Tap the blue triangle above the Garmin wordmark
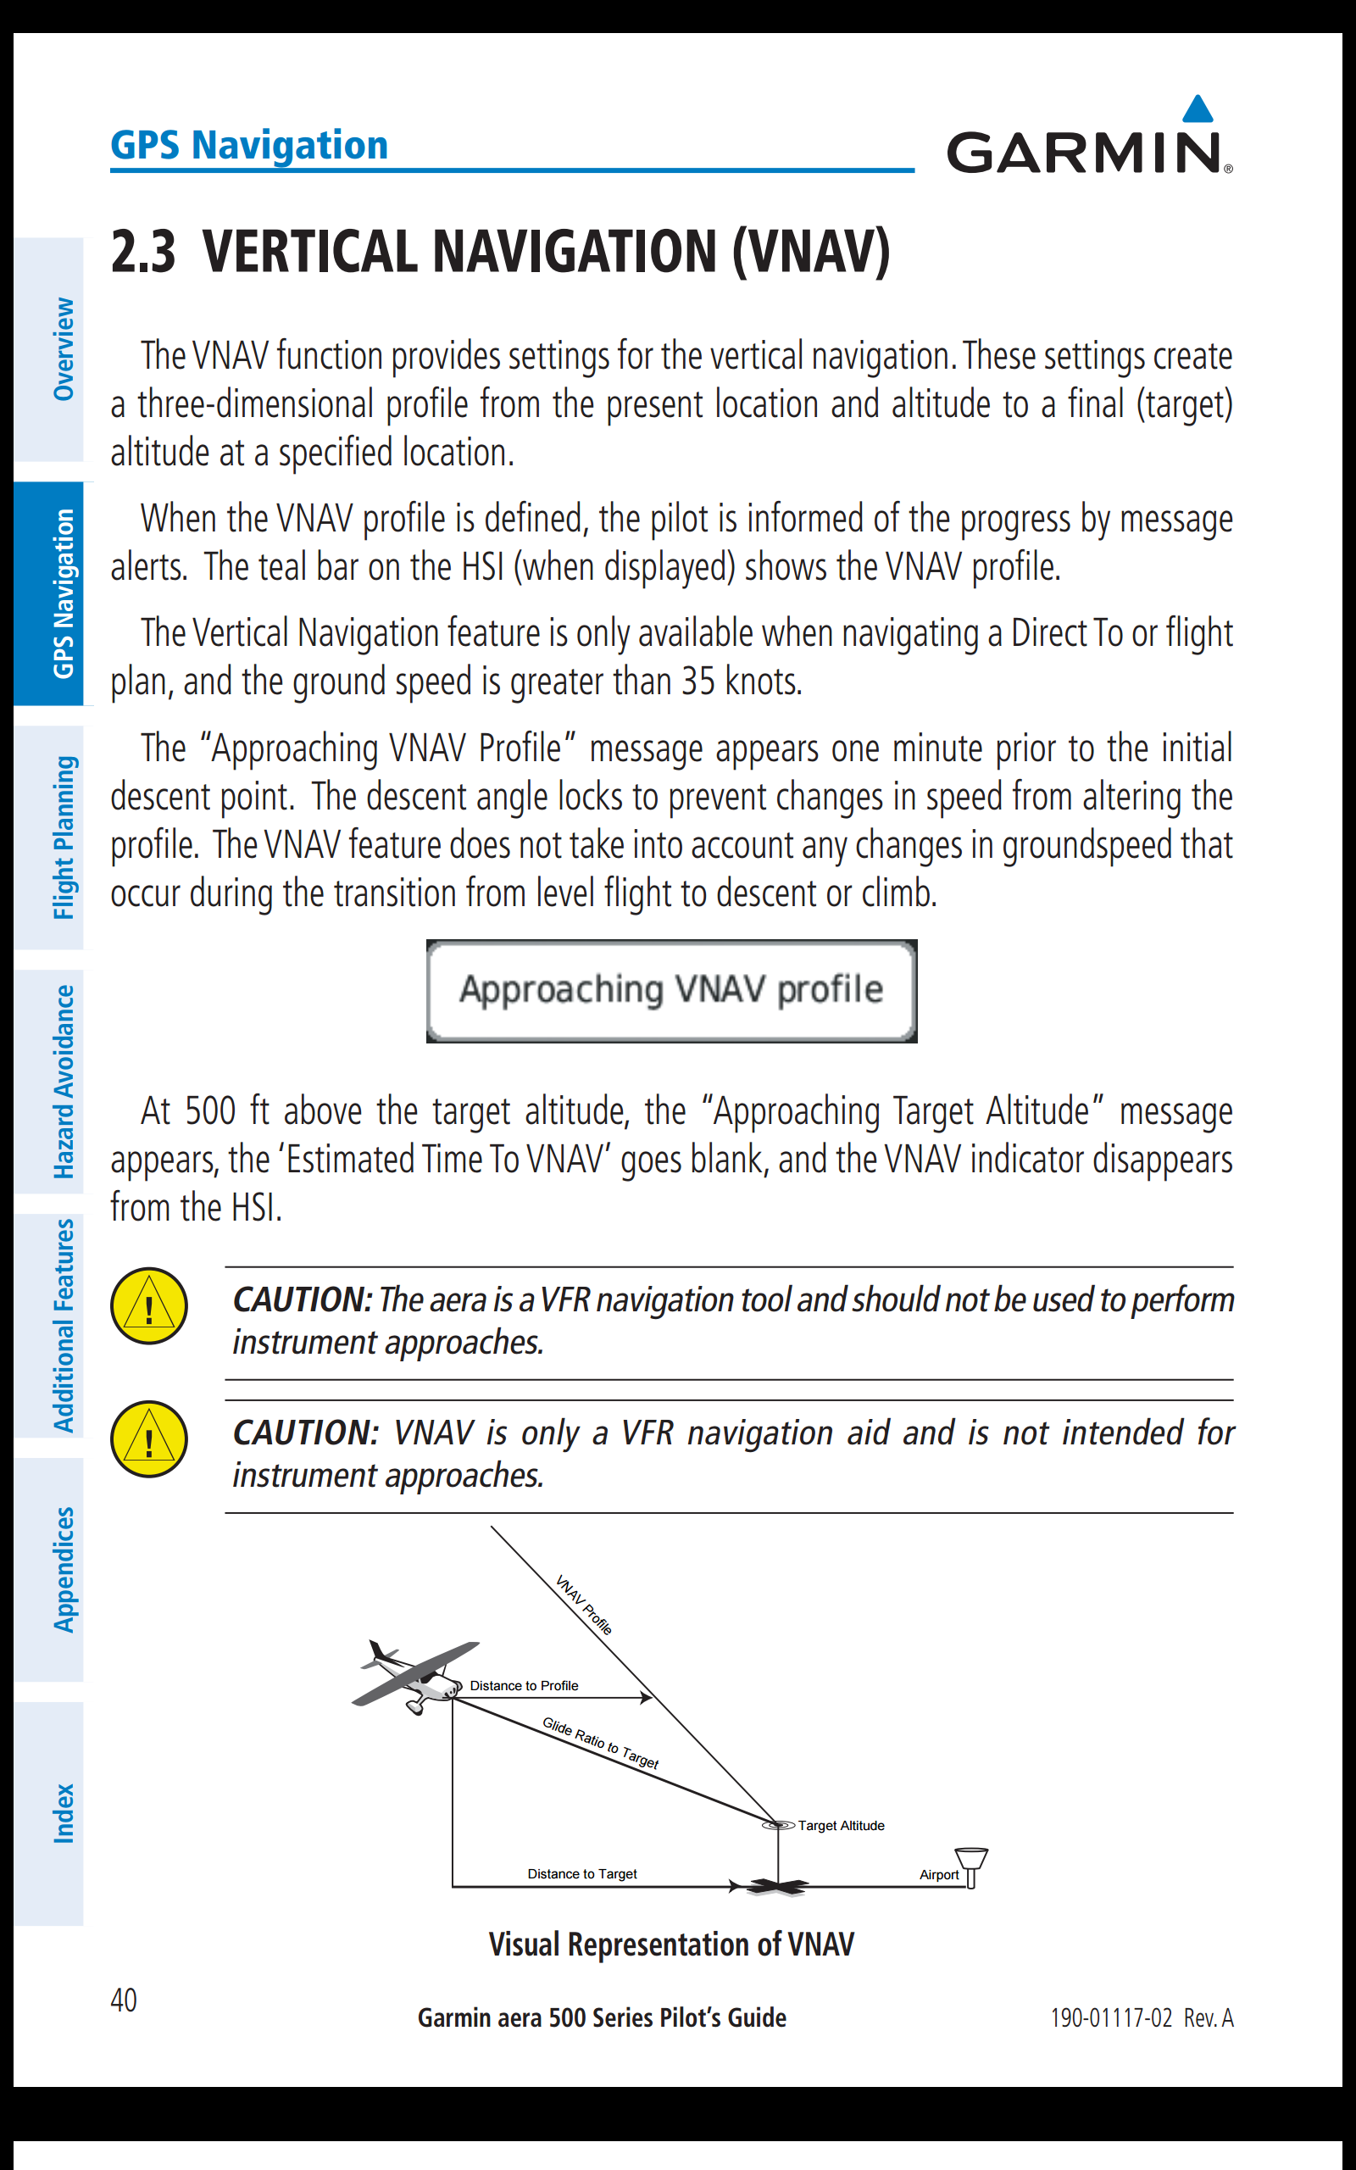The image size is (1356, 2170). pyautogui.click(x=1198, y=109)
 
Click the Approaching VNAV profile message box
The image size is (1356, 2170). pyautogui.click(x=671, y=990)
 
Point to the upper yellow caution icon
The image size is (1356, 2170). pyautogui.click(x=149, y=1305)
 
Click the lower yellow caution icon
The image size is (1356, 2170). pyautogui.click(x=149, y=1438)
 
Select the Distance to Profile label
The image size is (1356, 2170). pyautogui.click(x=524, y=1686)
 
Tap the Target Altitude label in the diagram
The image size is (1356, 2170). pyautogui.click(x=841, y=1826)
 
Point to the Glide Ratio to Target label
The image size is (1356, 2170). pyautogui.click(x=600, y=1742)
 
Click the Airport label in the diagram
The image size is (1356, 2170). pyautogui.click(x=938, y=1874)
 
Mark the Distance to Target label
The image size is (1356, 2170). pyautogui.click(x=582, y=1873)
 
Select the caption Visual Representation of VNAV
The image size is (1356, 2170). pyautogui.click(x=671, y=1944)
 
